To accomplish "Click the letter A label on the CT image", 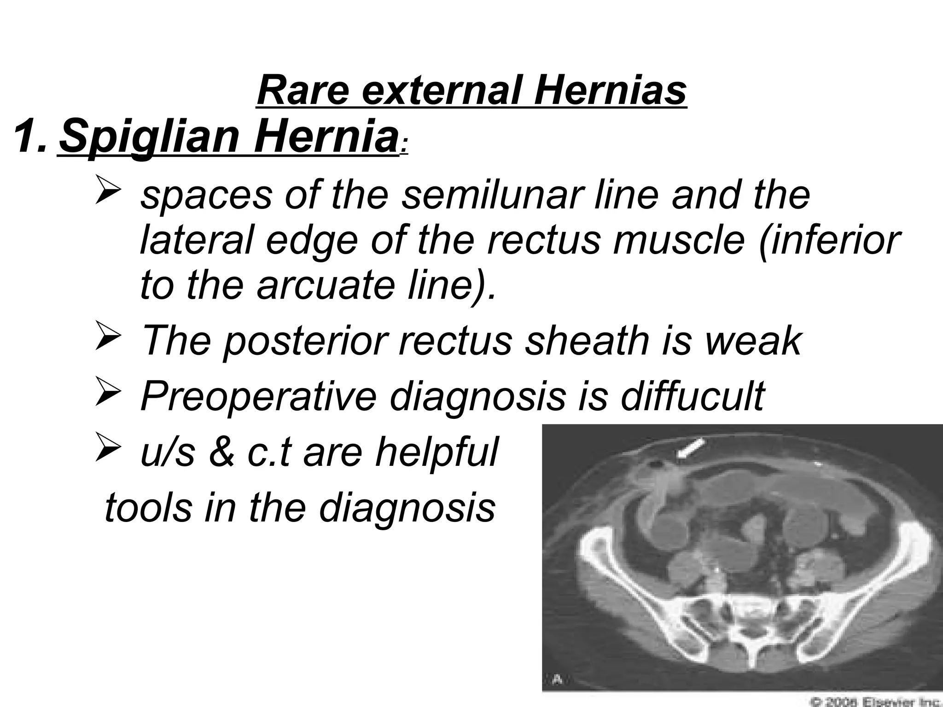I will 557,679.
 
